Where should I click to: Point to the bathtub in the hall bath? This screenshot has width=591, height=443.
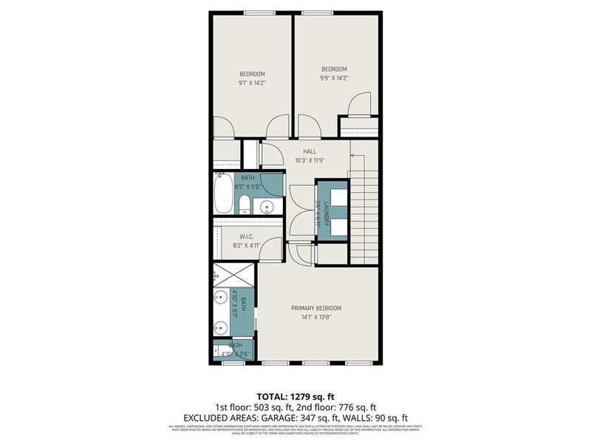point(224,193)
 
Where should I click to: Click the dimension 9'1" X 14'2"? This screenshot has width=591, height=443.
point(252,83)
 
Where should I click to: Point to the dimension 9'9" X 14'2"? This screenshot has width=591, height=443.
point(333,78)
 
